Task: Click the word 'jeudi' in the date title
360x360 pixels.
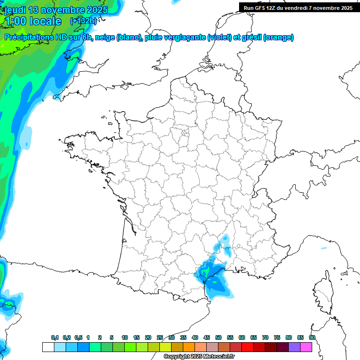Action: coord(15,10)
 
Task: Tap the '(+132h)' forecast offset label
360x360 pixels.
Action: coord(83,21)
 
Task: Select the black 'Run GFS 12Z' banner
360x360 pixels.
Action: coord(298,7)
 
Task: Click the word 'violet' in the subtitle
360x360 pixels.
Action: coord(219,37)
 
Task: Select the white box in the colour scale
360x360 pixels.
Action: coord(48,347)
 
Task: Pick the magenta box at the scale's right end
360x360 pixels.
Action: coord(306,347)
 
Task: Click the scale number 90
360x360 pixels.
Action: coord(312,337)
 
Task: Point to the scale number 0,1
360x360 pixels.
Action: coord(55,337)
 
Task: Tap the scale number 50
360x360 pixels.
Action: coord(218,337)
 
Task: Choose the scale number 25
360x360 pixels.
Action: coord(160,337)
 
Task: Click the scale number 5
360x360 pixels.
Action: coord(112,337)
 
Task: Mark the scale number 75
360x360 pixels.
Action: coord(277,337)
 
